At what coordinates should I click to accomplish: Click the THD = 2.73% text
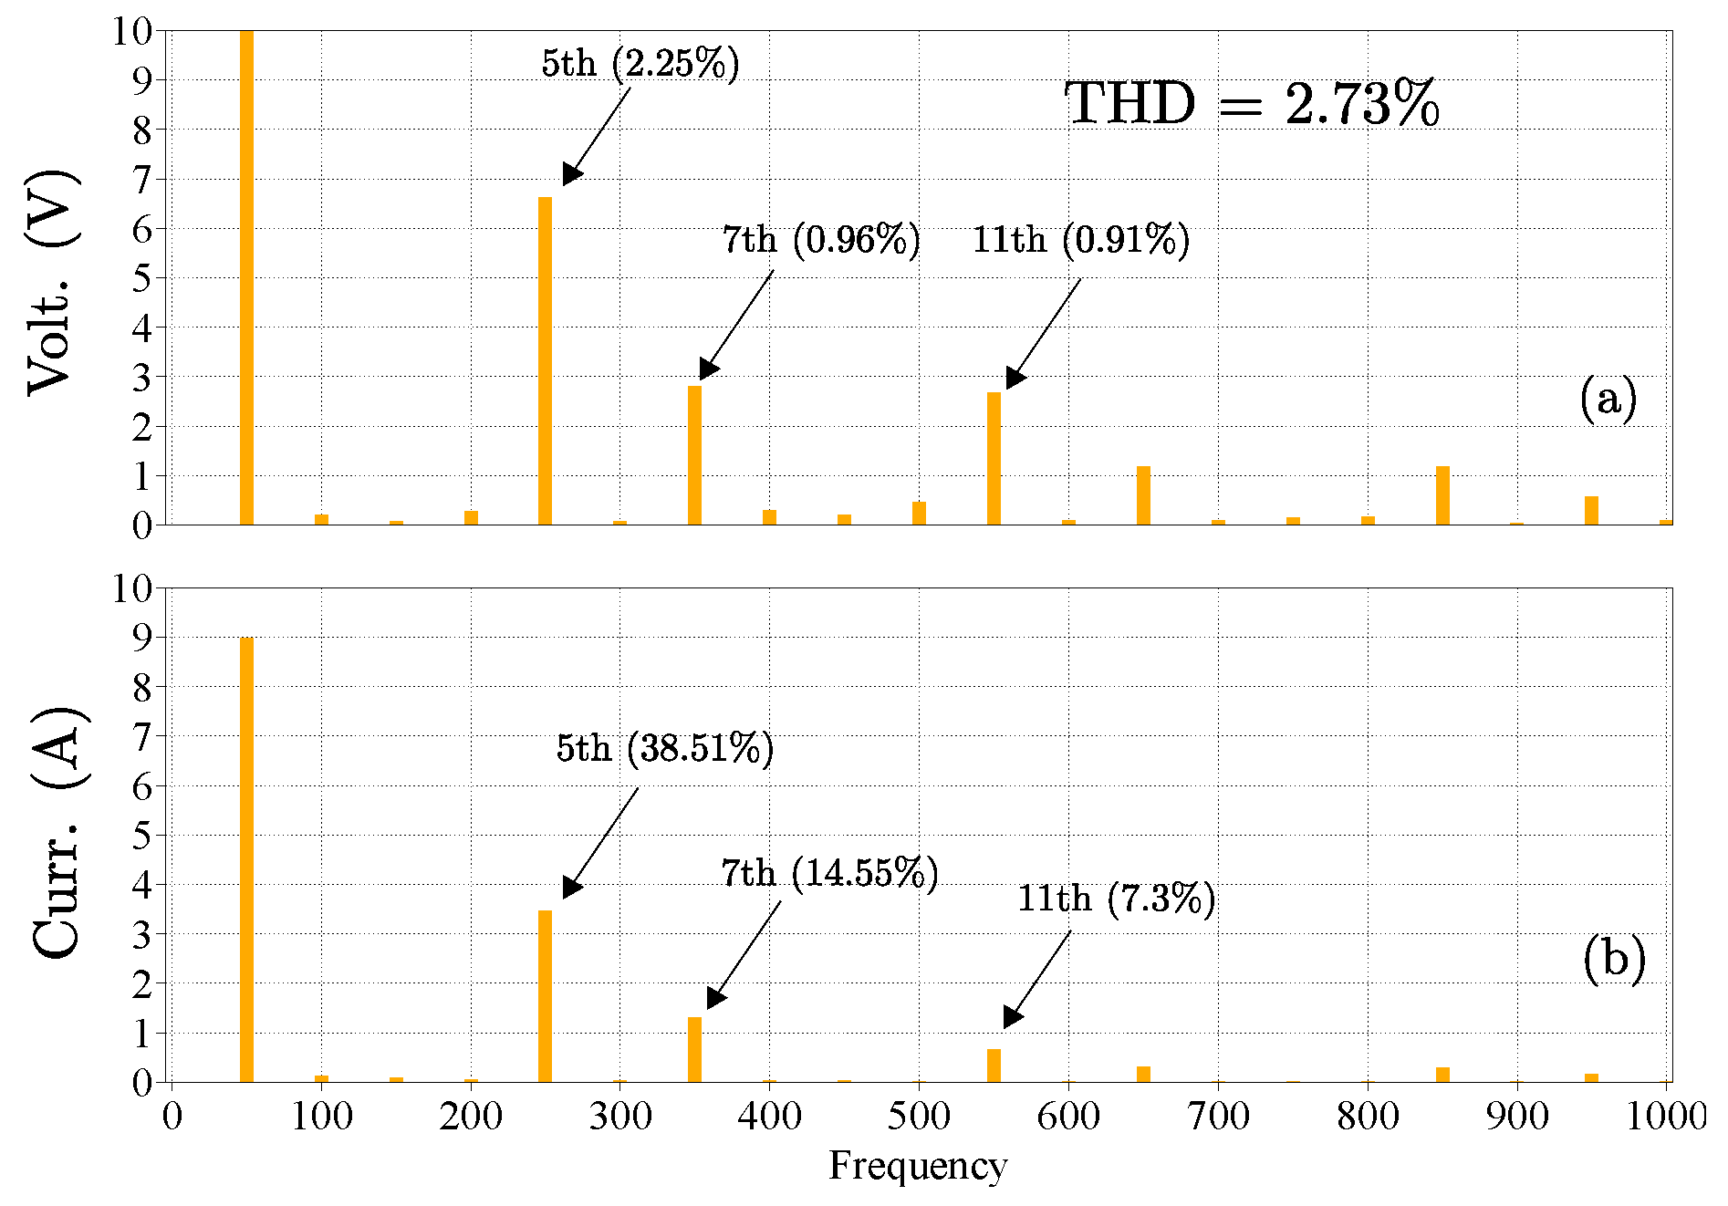click(x=1251, y=104)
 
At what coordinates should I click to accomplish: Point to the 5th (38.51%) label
click(x=664, y=748)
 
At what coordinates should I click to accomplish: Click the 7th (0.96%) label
click(x=821, y=240)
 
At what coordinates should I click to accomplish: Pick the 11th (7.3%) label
click(x=1116, y=899)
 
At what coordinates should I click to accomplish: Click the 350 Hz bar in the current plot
click(x=694, y=1049)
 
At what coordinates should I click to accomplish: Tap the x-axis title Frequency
click(x=917, y=1165)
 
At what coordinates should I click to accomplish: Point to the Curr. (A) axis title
click(x=58, y=832)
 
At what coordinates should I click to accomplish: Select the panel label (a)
click(x=1608, y=399)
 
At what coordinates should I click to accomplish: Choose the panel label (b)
click(x=1613, y=958)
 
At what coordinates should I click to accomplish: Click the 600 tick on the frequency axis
click(x=1068, y=1116)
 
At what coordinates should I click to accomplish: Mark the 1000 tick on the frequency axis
click(x=1665, y=1116)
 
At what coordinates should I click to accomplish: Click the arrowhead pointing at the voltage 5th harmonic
click(x=571, y=174)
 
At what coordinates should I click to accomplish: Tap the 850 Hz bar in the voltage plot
click(x=1442, y=495)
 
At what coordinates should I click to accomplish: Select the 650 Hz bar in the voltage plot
click(x=1143, y=495)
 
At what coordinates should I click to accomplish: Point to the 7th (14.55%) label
click(x=829, y=874)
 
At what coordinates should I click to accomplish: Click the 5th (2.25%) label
click(x=640, y=64)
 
